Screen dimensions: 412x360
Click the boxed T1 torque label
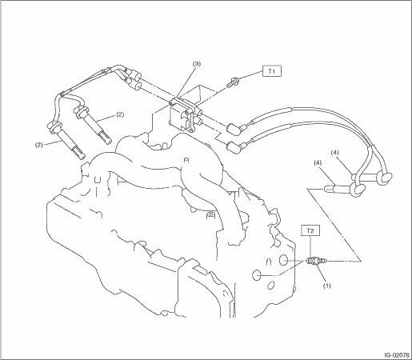tap(272, 71)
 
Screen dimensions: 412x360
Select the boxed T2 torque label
tap(310, 230)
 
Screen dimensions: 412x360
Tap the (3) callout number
tap(197, 64)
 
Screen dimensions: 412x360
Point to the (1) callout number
tap(327, 286)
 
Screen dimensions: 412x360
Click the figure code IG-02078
tap(397, 355)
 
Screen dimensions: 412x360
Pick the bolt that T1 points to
tap(232, 82)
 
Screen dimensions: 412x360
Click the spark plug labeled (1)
tap(316, 261)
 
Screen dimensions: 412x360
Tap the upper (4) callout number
tap(334, 153)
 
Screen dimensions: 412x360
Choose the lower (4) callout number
tap(318, 162)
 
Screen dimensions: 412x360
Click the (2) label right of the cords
tap(120, 114)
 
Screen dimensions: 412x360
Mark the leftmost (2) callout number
tap(39, 145)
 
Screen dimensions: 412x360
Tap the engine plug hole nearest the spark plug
tap(283, 260)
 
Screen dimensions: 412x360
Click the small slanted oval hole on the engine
tap(270, 286)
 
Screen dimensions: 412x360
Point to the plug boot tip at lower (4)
tap(326, 189)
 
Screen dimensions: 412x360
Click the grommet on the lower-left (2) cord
tap(54, 126)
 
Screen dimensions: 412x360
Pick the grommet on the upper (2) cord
tap(82, 111)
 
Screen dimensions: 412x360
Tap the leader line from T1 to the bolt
tap(250, 75)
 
